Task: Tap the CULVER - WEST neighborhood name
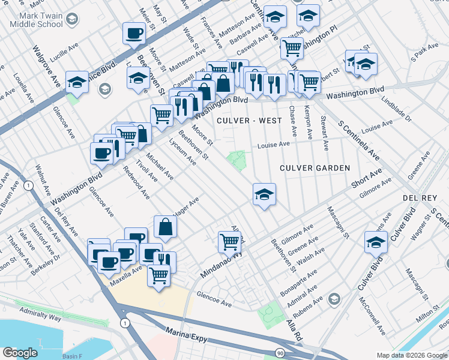pos(250,121)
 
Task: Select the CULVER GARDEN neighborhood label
pos(314,169)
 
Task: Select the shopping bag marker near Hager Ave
pos(165,227)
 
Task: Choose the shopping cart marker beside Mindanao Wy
pos(229,242)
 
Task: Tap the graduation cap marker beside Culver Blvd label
pos(376,242)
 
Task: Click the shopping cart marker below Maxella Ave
pos(158,275)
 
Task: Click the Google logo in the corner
pos(20,353)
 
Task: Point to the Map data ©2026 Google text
pos(411,355)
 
